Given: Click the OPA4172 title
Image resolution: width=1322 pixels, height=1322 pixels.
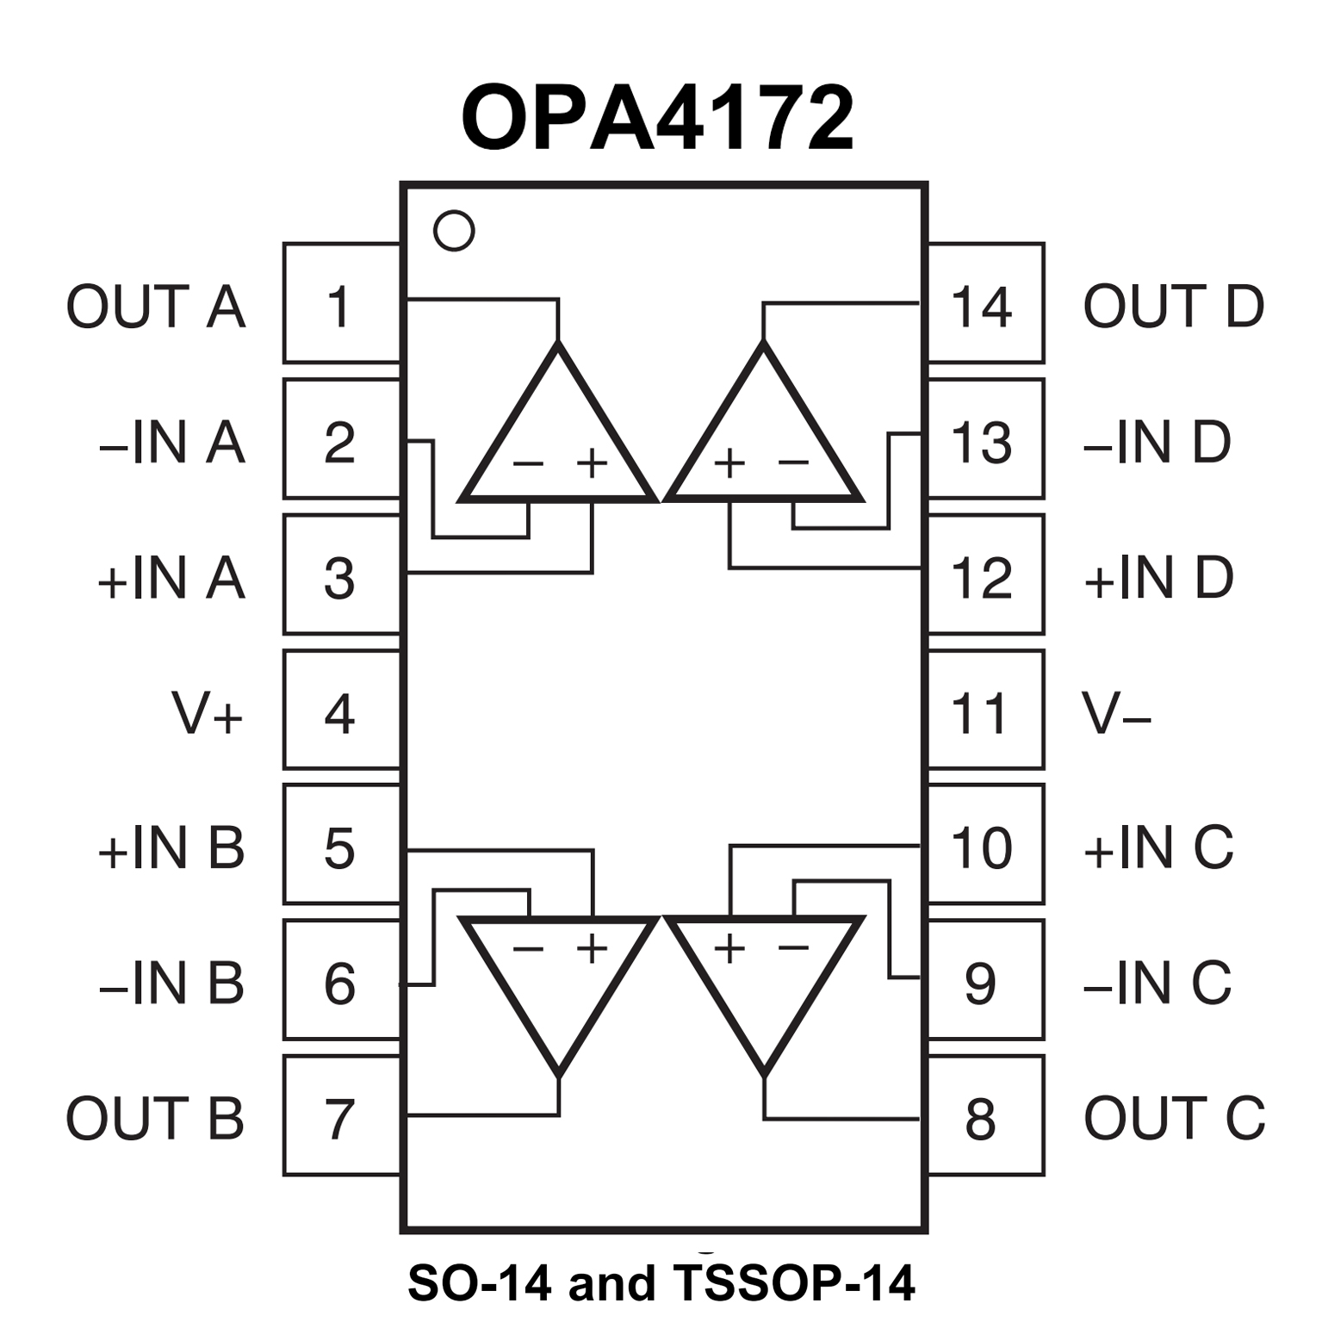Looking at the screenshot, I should point(658,119).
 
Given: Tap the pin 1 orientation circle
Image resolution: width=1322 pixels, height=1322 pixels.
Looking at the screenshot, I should point(454,231).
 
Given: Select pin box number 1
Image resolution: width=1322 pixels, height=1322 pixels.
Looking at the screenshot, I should point(341,304).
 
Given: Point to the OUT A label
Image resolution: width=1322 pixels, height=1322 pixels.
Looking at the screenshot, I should point(156,307).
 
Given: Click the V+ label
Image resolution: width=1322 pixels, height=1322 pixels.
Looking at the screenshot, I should point(207,713).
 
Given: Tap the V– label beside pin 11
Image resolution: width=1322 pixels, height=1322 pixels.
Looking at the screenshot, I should point(1116,713).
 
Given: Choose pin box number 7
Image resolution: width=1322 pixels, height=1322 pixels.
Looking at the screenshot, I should point(341,1117).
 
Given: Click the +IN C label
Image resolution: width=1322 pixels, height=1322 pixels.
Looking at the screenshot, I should point(1158,848).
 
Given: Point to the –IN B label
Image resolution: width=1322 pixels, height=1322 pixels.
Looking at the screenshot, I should point(171,983).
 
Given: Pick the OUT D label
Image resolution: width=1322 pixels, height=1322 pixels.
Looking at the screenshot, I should point(1173,307).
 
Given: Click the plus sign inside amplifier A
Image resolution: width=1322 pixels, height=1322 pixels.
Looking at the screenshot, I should point(593,463).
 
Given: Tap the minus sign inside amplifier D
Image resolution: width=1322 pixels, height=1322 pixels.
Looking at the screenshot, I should point(793,463).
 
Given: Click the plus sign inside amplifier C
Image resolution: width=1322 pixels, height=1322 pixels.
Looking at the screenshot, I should point(729,948).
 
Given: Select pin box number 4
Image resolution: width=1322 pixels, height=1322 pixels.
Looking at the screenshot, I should point(341,711).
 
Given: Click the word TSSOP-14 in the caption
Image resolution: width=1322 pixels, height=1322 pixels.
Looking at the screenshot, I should point(795,1282).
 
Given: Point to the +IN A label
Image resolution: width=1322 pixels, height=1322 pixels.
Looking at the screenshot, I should point(171,578).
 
